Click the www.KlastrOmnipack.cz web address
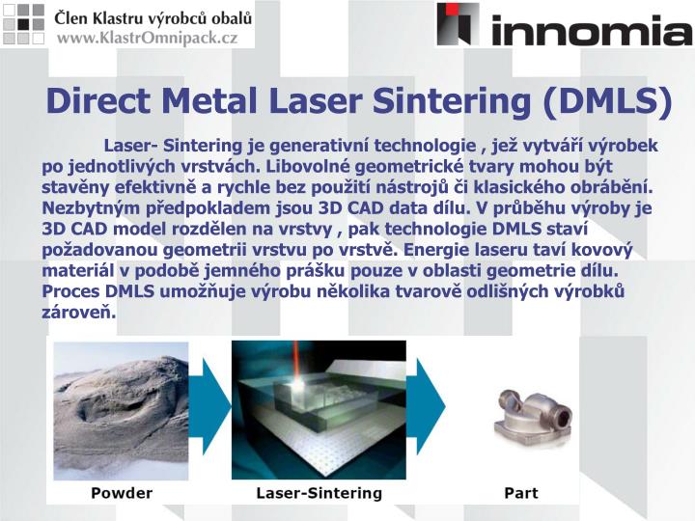(x=147, y=38)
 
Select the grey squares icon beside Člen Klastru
(x=23, y=24)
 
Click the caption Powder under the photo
(x=122, y=493)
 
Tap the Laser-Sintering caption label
(x=319, y=493)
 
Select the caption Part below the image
(x=521, y=493)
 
